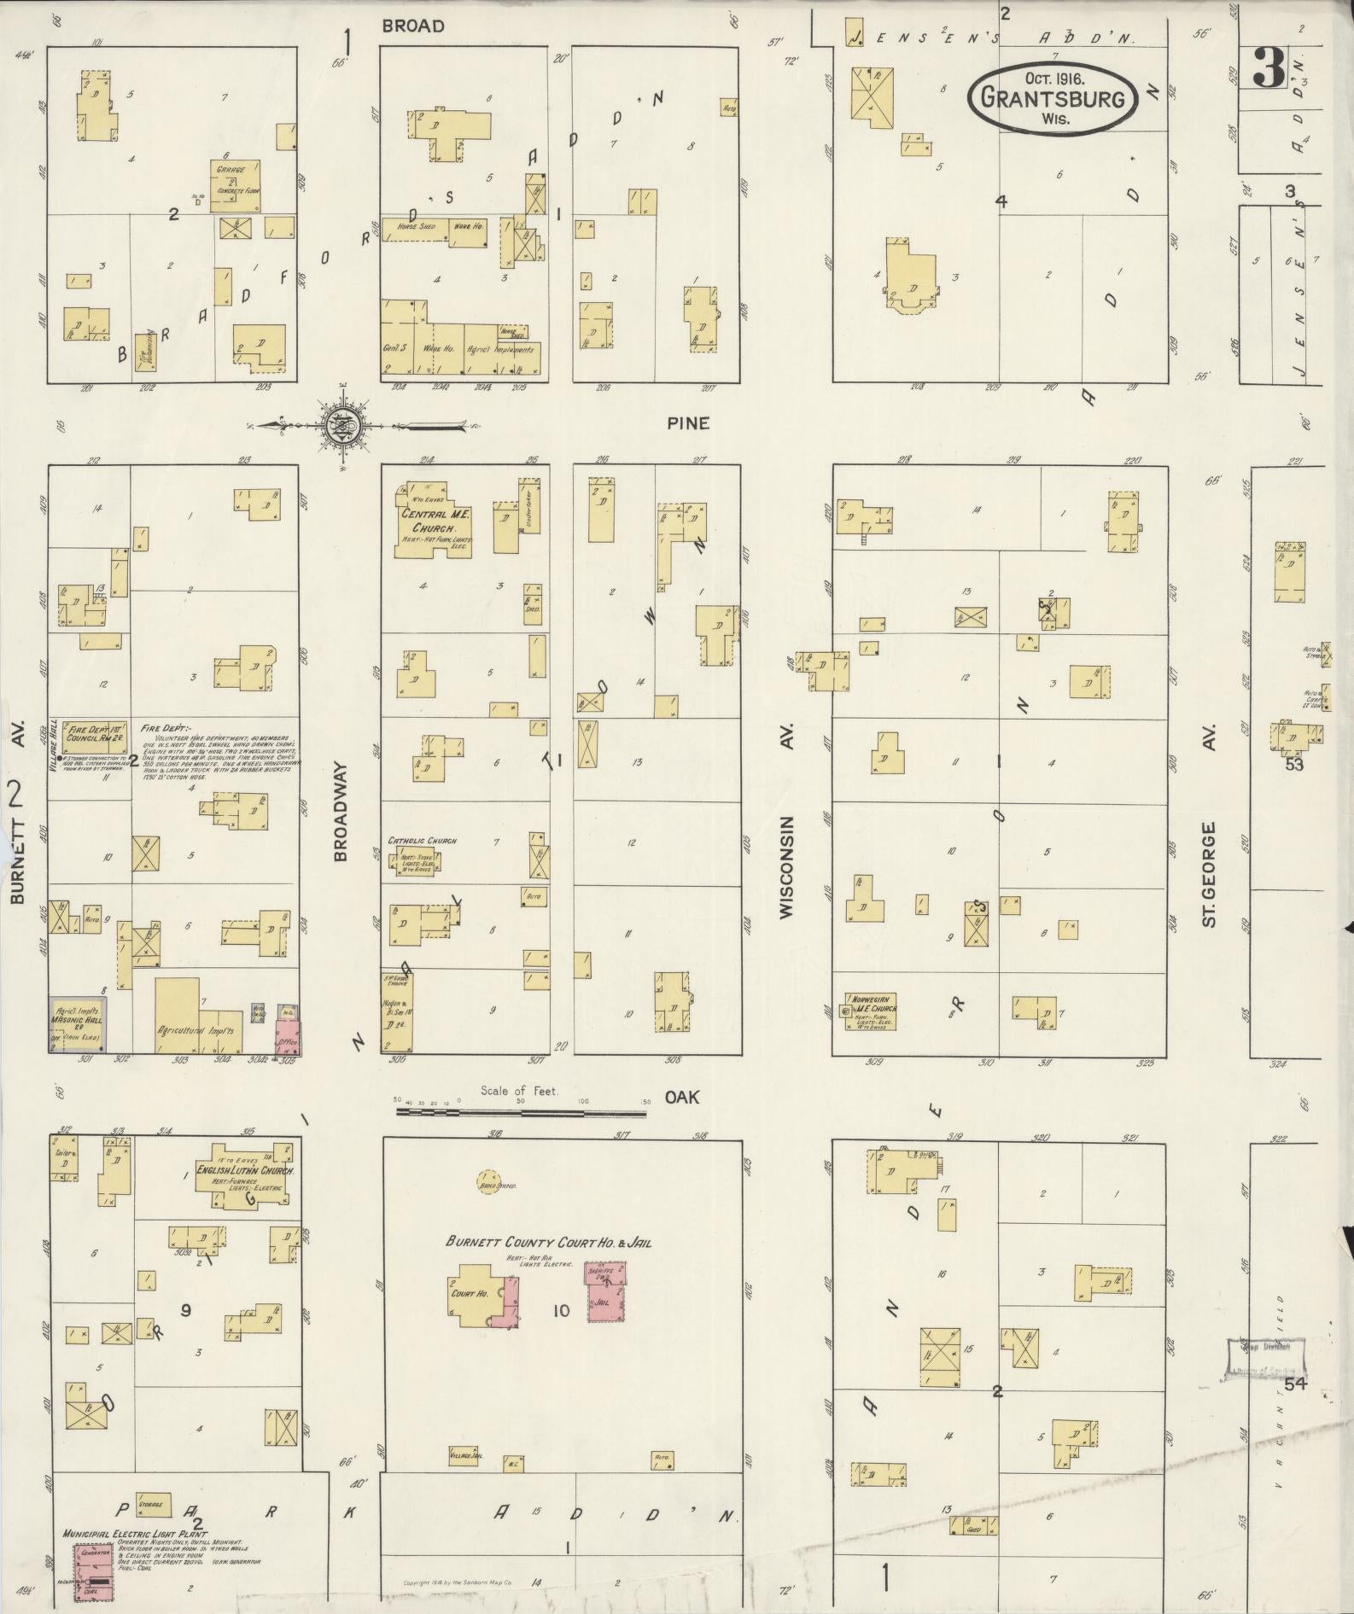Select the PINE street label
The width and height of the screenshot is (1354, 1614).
(x=688, y=423)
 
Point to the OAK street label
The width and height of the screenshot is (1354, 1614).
(x=682, y=1097)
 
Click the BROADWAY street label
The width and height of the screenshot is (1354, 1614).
(x=341, y=812)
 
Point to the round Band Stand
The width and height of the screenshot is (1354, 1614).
(x=488, y=1183)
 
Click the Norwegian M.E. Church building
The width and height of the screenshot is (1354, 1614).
(x=869, y=1011)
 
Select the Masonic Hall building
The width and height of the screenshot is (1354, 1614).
(x=78, y=1023)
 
